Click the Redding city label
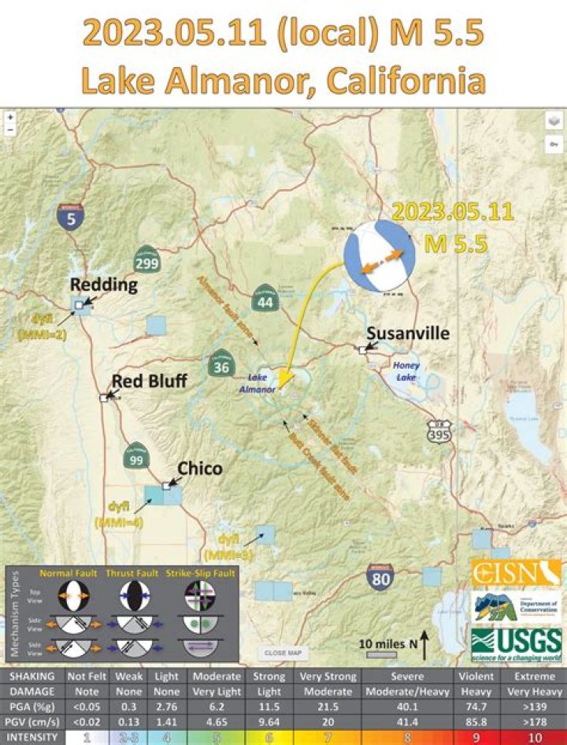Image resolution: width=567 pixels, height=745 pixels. point(104,285)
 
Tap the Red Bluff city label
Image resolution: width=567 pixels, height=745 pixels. point(149,382)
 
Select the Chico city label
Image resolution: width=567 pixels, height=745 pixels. point(199,469)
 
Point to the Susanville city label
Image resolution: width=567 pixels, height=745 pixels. point(408,333)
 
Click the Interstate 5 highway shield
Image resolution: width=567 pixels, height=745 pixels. point(71,218)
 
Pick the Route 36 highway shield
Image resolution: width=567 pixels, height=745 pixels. point(220,365)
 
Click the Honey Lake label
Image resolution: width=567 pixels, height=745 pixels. point(407,371)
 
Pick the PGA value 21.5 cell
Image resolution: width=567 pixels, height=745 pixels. point(327,706)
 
